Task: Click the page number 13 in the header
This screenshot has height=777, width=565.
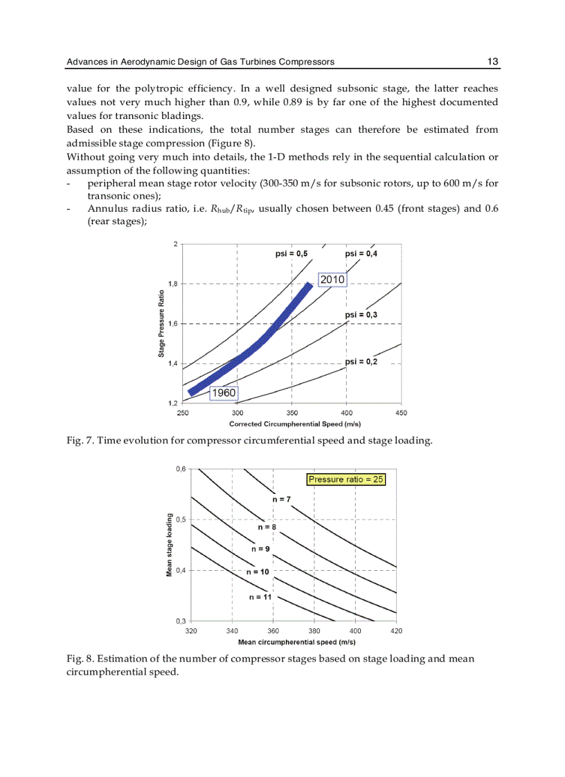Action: [493, 62]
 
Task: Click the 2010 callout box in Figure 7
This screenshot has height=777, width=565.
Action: [332, 279]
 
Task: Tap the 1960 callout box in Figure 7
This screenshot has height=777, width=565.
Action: [224, 392]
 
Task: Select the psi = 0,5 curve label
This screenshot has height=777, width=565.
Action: [291, 254]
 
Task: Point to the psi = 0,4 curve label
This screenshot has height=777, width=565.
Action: [361, 254]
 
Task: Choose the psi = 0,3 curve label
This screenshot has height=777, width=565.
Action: [361, 315]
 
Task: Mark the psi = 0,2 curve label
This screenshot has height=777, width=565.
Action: [361, 361]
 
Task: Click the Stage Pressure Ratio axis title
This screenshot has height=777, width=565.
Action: [161, 323]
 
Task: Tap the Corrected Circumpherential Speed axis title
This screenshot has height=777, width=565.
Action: [294, 423]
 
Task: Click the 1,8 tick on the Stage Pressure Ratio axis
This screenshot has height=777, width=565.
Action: [172, 284]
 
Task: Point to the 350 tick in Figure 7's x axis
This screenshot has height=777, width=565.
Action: [292, 413]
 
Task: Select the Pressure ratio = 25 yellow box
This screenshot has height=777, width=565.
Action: [346, 479]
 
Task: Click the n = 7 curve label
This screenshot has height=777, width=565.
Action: [280, 499]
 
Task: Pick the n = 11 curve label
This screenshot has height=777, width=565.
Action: [260, 596]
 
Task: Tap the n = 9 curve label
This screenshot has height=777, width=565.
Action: [260, 549]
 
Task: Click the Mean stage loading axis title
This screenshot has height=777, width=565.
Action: [170, 545]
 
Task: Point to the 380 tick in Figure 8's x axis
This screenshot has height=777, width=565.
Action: [314, 631]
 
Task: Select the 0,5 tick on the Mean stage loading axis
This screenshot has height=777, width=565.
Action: [181, 519]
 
